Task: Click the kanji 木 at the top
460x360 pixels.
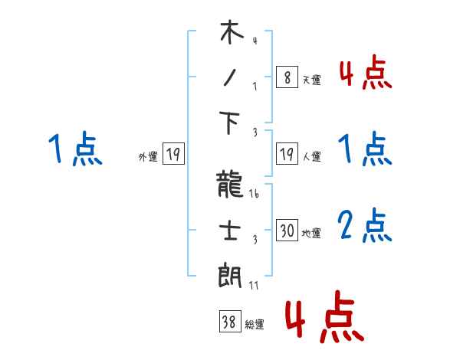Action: point(231,34)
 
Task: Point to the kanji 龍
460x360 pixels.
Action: point(231,186)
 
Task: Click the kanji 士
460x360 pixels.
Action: point(231,231)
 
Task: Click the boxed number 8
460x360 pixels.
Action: point(286,78)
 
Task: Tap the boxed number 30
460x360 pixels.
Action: point(287,231)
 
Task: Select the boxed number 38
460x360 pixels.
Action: point(229,322)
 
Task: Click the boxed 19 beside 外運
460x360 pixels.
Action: point(172,155)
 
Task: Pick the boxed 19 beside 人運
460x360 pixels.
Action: point(287,155)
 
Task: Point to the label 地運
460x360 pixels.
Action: point(311,234)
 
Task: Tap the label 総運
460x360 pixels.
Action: point(255,325)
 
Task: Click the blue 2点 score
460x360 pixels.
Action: point(365,226)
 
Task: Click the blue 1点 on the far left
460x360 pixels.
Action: point(74,149)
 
